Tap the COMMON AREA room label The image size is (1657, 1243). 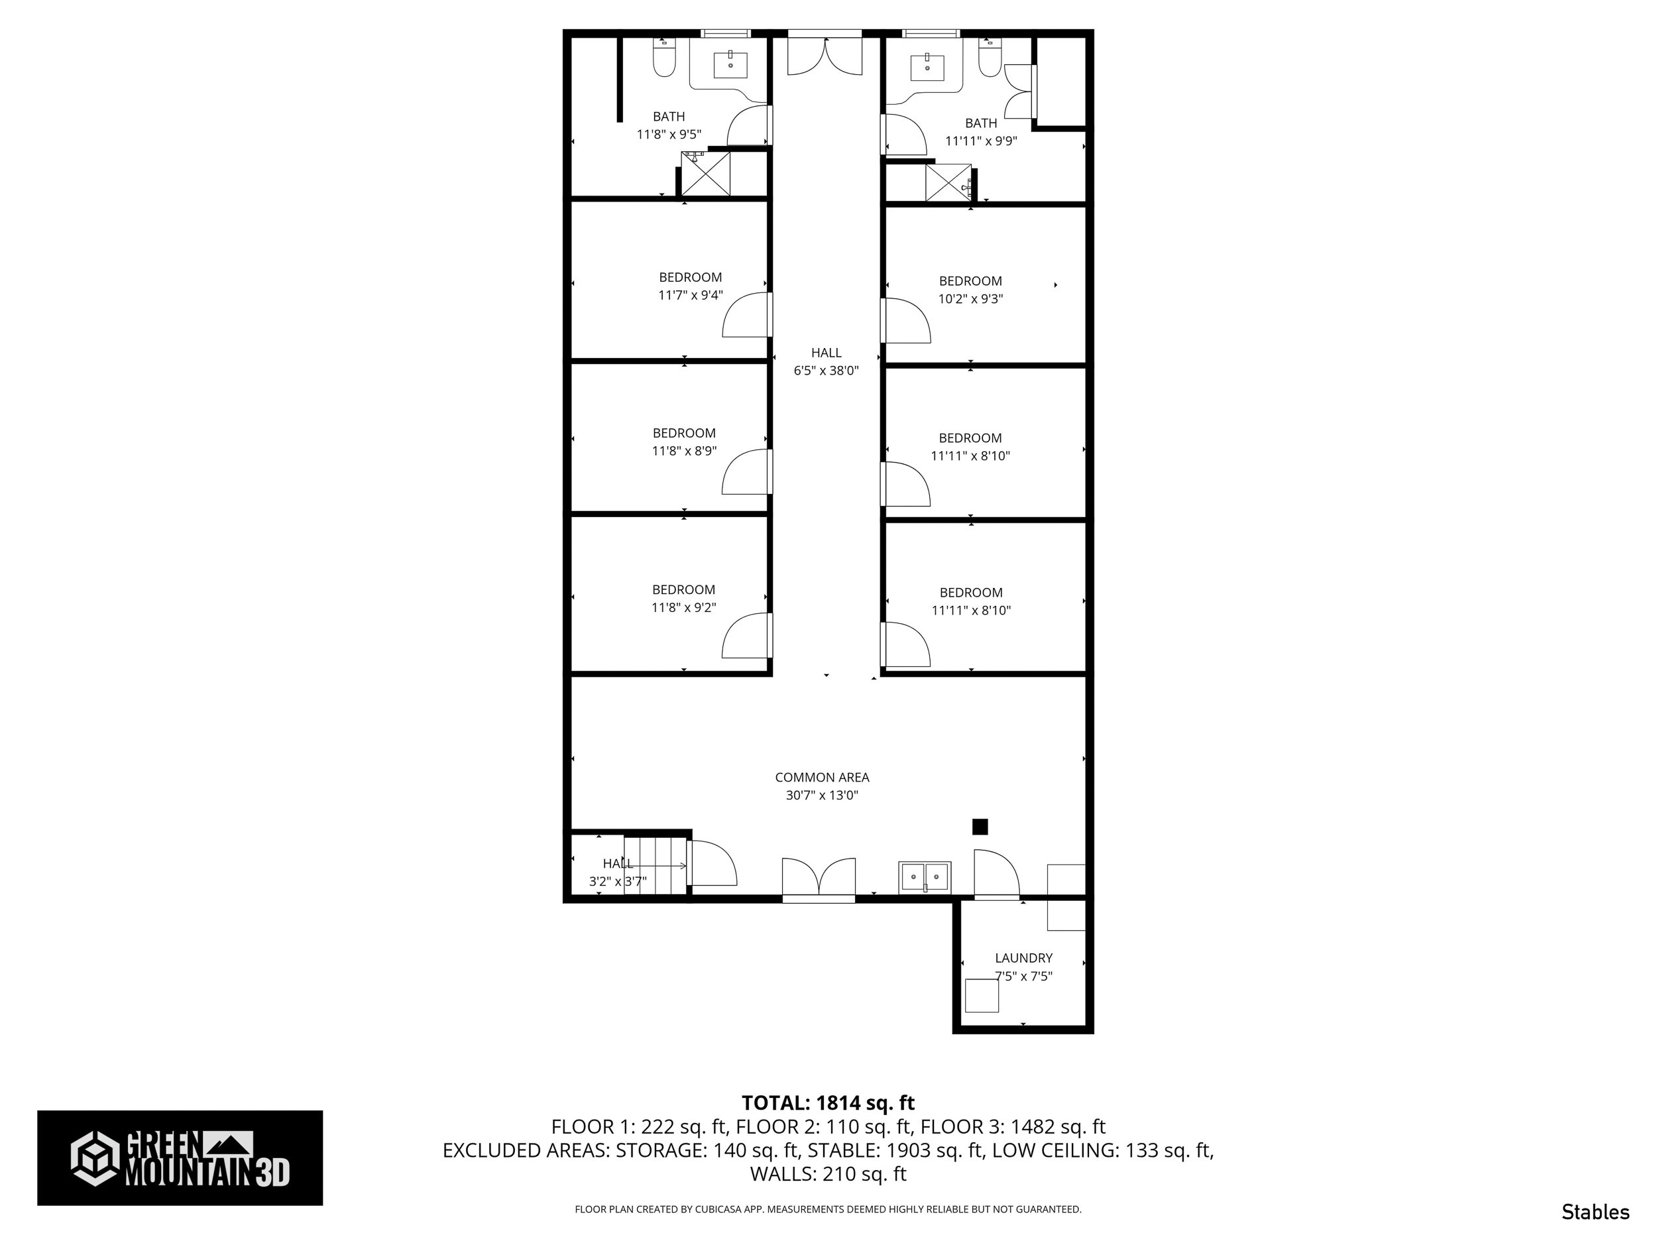click(x=822, y=786)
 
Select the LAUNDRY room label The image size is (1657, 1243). click(x=1023, y=967)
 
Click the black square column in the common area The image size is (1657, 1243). click(x=980, y=827)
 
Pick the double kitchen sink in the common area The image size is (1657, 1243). click(x=925, y=876)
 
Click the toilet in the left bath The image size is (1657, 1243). click(x=663, y=58)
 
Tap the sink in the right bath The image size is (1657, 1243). click(x=927, y=67)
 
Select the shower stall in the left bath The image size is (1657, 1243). click(x=706, y=174)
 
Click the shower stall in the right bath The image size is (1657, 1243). click(x=948, y=183)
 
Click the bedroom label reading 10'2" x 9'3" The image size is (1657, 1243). click(x=970, y=290)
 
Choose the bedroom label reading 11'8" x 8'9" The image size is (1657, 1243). click(x=684, y=442)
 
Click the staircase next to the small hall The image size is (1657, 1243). click(x=656, y=865)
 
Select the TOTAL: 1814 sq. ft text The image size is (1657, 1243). click(x=828, y=1103)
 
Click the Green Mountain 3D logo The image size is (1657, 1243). click(x=180, y=1157)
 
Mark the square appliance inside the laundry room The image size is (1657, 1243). click(x=982, y=995)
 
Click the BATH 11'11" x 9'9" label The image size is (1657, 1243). click(x=980, y=132)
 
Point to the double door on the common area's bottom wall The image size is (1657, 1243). click(x=819, y=878)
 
